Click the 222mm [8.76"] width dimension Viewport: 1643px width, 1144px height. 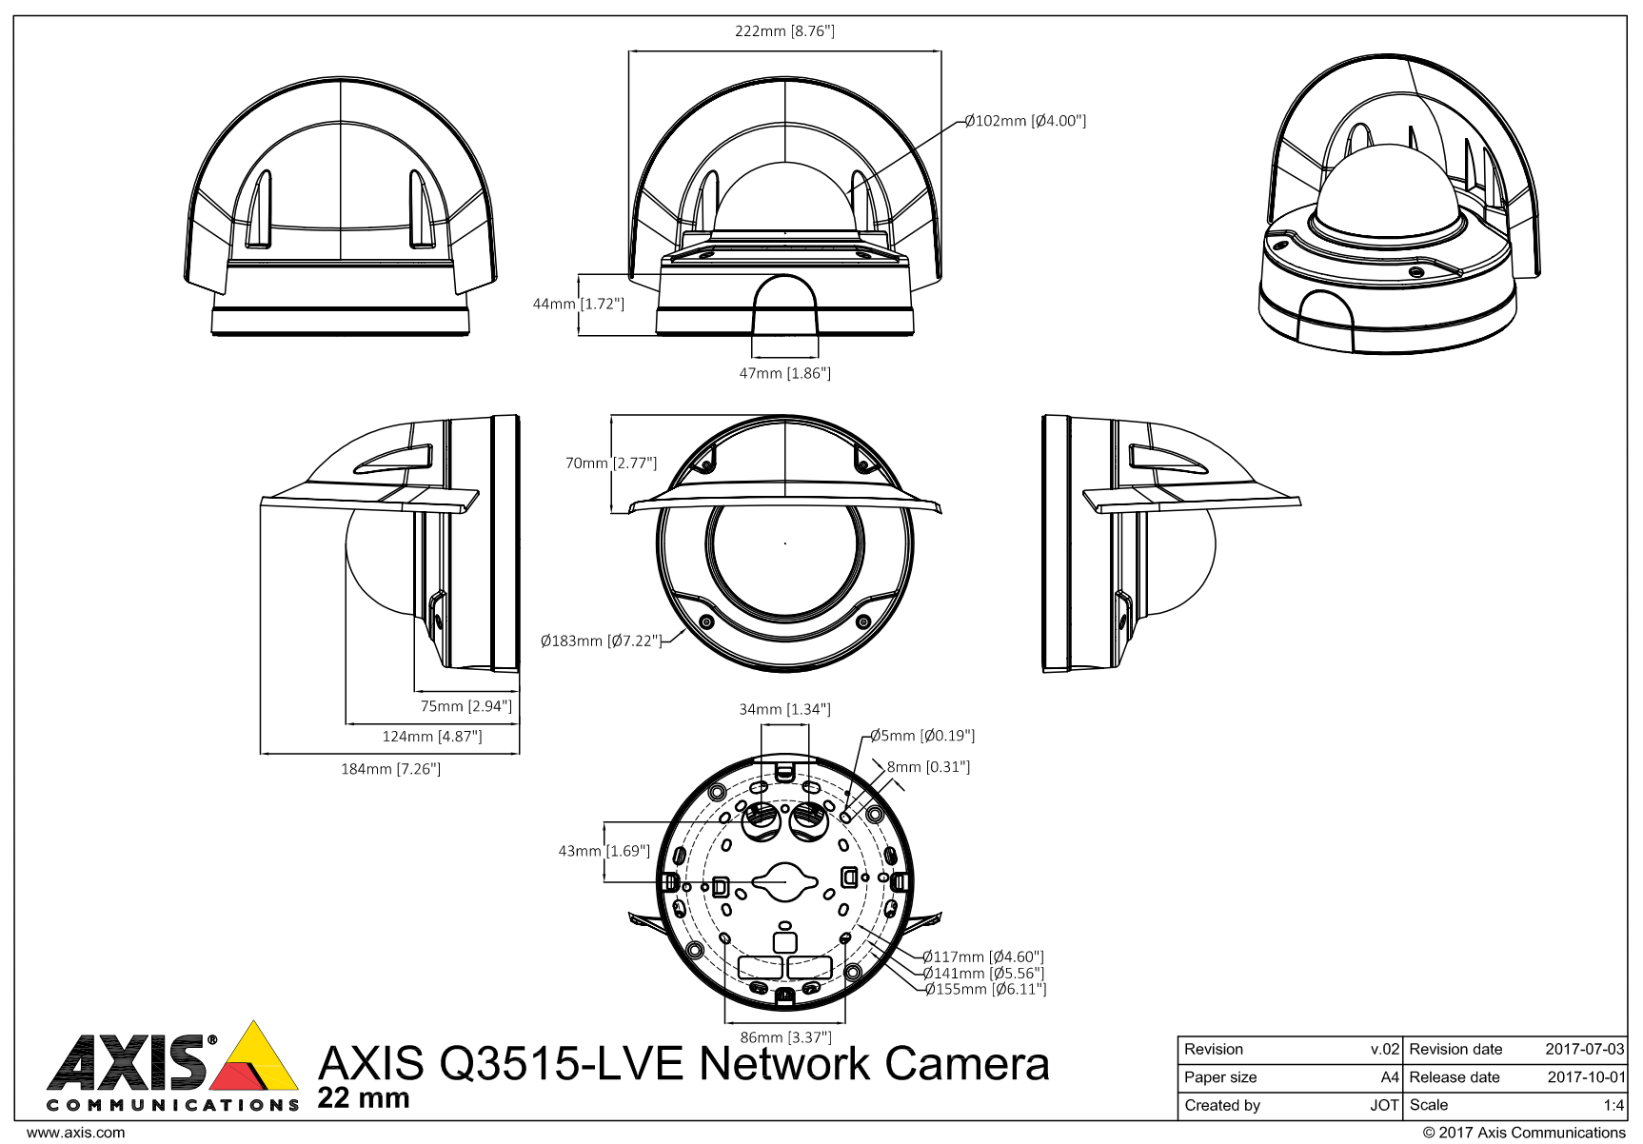(x=784, y=31)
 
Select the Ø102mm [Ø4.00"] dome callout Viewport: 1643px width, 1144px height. (x=1025, y=121)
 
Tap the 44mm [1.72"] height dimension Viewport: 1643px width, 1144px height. (x=578, y=304)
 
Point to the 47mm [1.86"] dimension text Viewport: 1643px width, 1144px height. (x=784, y=373)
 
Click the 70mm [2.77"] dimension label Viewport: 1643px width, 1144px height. (x=611, y=464)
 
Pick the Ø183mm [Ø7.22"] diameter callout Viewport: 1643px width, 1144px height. (x=601, y=641)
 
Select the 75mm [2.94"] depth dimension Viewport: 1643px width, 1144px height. (x=466, y=706)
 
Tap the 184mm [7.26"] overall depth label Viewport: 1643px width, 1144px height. (x=390, y=768)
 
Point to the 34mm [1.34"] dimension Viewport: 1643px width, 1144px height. (x=784, y=709)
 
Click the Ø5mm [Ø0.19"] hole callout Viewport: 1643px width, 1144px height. (x=922, y=736)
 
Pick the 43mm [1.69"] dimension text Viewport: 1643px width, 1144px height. (x=604, y=851)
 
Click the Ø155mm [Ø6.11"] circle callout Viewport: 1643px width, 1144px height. (x=985, y=990)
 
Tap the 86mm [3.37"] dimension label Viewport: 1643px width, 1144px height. (x=785, y=1036)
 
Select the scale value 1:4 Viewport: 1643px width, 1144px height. (x=1613, y=1105)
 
